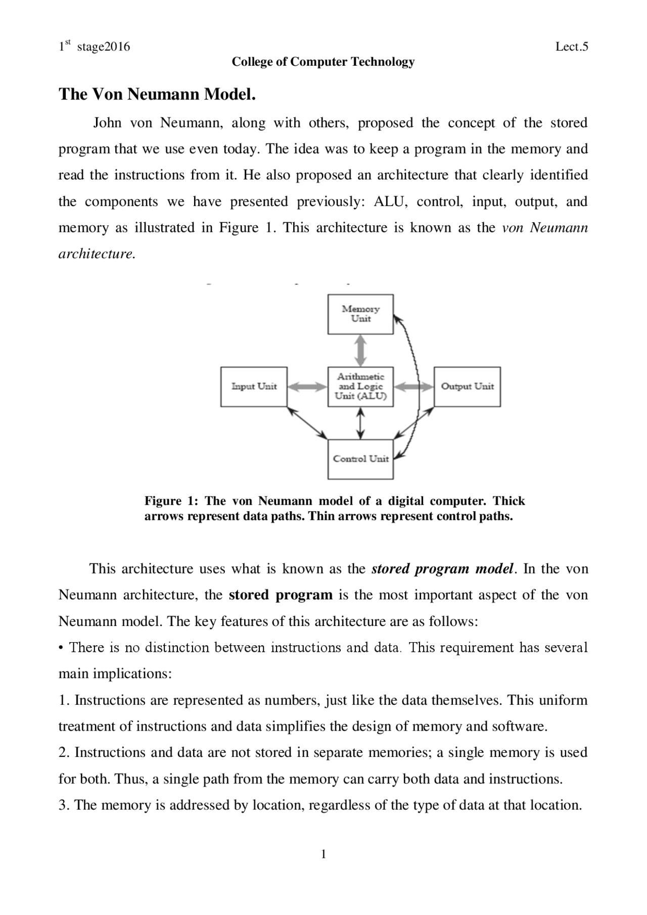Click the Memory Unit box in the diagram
pyautogui.click(x=360, y=315)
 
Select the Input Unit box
pyautogui.click(x=254, y=387)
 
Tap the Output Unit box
pyautogui.click(x=467, y=387)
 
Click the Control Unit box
pyautogui.click(x=360, y=459)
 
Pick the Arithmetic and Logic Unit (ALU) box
pyautogui.click(x=360, y=387)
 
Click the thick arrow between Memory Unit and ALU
pyautogui.click(x=360, y=351)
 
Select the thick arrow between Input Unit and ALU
pyautogui.click(x=307, y=387)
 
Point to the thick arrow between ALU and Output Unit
pyautogui.click(x=413, y=387)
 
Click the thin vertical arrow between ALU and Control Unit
pyautogui.click(x=360, y=423)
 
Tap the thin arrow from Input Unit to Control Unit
pyautogui.click(x=307, y=423)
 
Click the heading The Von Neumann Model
pyautogui.click(x=157, y=94)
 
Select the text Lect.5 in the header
pyautogui.click(x=572, y=47)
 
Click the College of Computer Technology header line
pyautogui.click(x=323, y=62)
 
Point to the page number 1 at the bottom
pyautogui.click(x=323, y=855)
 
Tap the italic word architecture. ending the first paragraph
pyautogui.click(x=97, y=254)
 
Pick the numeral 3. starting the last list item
pyautogui.click(x=64, y=805)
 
